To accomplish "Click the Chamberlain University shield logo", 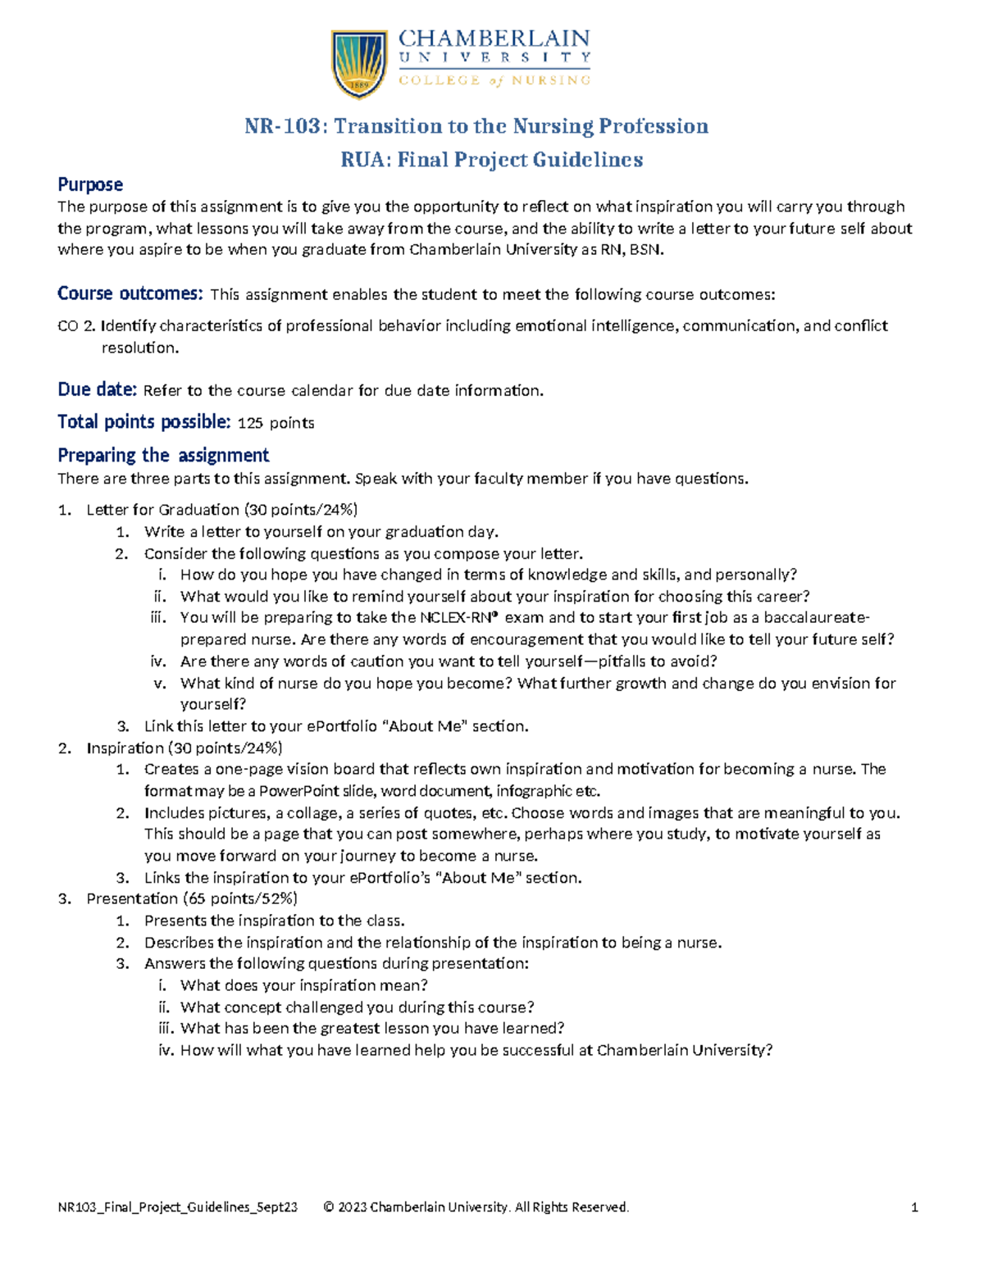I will [359, 63].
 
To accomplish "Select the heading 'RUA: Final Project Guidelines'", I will [491, 160].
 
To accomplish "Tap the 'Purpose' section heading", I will [90, 184].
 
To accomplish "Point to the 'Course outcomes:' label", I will [130, 293].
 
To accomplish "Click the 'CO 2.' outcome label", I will [77, 326].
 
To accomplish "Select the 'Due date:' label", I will [97, 389].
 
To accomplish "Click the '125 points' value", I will [276, 424].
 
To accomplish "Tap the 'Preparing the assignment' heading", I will [163, 455].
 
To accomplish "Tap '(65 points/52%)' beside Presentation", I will [239, 898].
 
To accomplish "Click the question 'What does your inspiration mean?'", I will [304, 985].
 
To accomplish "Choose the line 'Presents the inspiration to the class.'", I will [274, 921].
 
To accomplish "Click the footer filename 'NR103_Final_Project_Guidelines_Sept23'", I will [177, 1207].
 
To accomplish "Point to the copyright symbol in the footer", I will [329, 1207].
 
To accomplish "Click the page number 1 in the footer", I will [914, 1207].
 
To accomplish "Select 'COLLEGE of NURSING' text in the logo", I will [494, 80].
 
